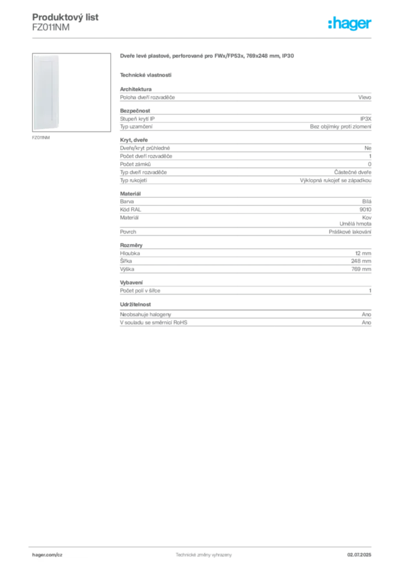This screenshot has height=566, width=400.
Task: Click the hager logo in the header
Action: (350, 24)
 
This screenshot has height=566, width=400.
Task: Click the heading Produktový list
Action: (65, 17)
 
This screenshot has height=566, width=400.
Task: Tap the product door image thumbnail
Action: (71, 92)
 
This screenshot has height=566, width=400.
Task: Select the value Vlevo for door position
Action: (365, 97)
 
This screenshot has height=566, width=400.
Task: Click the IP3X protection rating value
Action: (365, 119)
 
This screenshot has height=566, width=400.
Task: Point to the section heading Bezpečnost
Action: (135, 111)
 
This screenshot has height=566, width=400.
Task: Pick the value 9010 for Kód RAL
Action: (365, 209)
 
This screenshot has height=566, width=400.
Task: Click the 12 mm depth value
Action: (363, 253)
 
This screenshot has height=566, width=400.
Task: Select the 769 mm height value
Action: (361, 269)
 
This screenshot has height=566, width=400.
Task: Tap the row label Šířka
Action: (126, 261)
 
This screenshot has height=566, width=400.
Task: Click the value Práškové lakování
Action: (350, 232)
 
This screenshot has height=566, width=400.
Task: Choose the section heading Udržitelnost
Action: (135, 305)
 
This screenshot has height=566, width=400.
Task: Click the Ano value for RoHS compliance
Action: (366, 323)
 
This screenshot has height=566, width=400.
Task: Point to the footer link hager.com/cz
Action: (48, 555)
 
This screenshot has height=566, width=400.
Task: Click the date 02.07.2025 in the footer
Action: (359, 555)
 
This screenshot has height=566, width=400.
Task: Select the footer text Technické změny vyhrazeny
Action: (204, 555)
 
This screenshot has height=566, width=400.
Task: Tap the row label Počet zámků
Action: (135, 164)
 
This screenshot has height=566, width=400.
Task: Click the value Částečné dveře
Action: (352, 172)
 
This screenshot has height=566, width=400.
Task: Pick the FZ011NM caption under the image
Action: (41, 138)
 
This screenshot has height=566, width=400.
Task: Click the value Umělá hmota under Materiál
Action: (355, 224)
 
